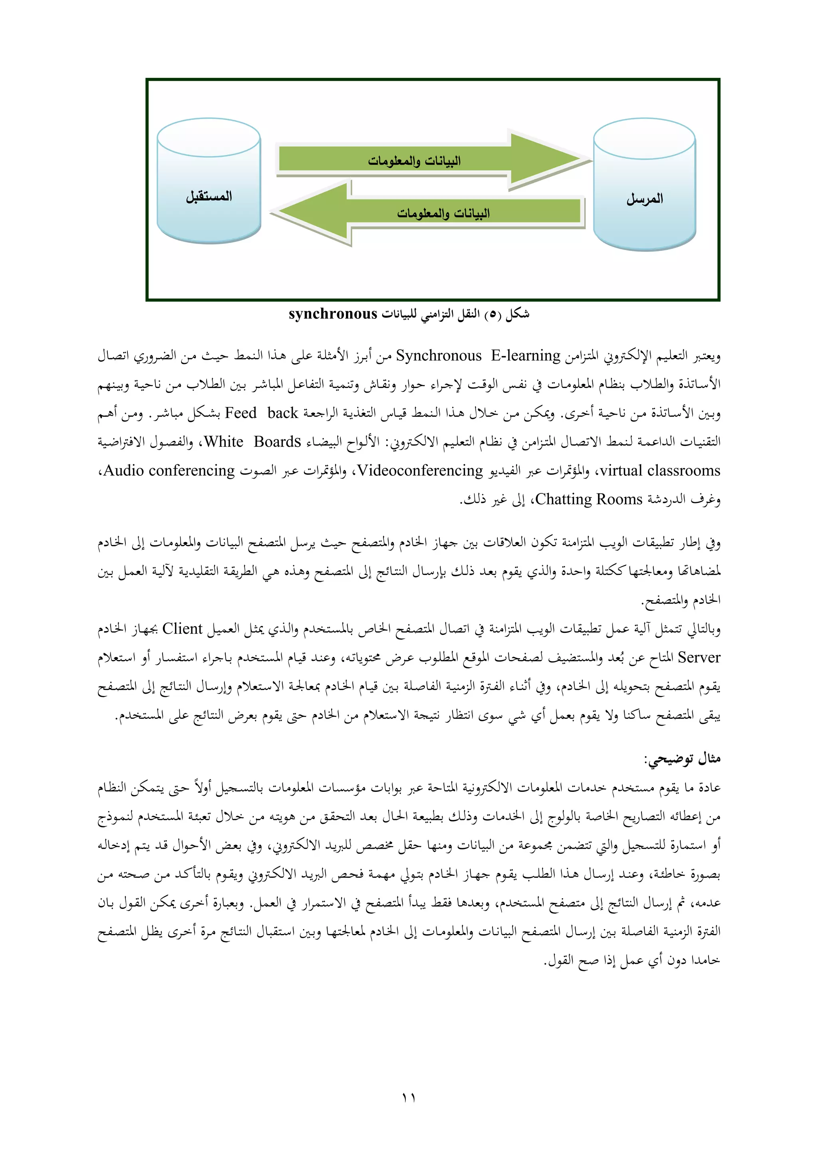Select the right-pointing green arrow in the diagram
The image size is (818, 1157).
pyautogui.click(x=428, y=160)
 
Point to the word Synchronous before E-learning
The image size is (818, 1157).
pyautogui.click(x=438, y=356)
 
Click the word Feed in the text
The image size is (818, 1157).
pyautogui.click(x=241, y=413)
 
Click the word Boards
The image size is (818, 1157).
pyautogui.click(x=277, y=442)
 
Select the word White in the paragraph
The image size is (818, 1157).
pyautogui.click(x=224, y=442)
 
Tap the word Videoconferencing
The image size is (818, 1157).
pyautogui.click(x=420, y=471)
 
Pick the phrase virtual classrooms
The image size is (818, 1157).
pyautogui.click(x=660, y=471)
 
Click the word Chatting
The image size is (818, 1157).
pyautogui.click(x=563, y=499)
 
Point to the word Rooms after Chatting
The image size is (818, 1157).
pyautogui.click(x=619, y=499)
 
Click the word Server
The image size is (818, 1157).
pyautogui.click(x=699, y=658)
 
